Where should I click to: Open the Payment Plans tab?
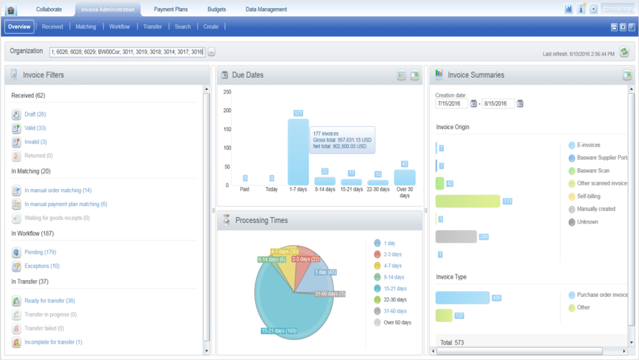[x=172, y=9]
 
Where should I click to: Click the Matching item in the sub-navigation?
[x=85, y=27]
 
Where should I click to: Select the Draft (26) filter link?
[x=35, y=114]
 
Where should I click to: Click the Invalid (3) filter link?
[x=36, y=142]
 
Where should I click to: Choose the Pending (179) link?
[x=41, y=253]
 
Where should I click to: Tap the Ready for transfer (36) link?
[x=49, y=301]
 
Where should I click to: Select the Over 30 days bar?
[x=404, y=177]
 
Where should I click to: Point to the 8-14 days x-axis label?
[x=324, y=189]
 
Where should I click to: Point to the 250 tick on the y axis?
[x=227, y=92]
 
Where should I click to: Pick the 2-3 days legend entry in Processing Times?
[x=393, y=255]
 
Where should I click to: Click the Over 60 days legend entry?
[x=397, y=323]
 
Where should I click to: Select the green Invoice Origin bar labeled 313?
[x=467, y=201]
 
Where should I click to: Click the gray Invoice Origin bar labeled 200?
[x=456, y=236]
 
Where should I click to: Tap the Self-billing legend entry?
[x=591, y=196]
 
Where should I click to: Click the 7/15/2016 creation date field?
[x=451, y=104]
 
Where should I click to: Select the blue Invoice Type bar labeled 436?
[x=462, y=298]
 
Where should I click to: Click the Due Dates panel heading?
[x=248, y=75]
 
